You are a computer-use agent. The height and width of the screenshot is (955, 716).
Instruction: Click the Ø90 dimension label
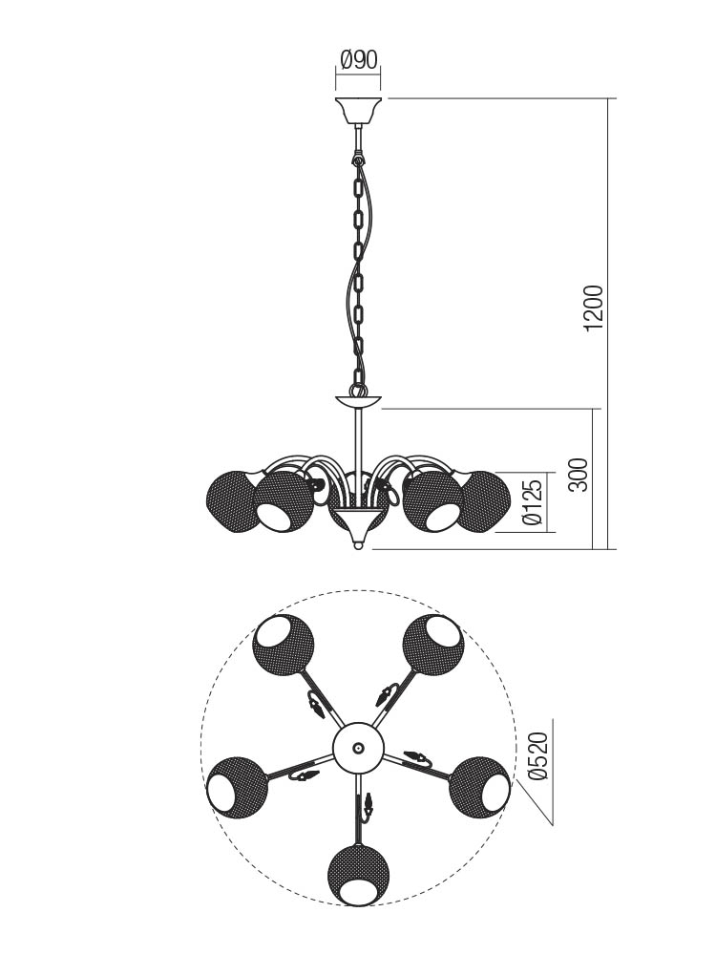[x=359, y=59]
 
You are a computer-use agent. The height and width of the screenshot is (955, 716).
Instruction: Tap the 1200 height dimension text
[x=593, y=308]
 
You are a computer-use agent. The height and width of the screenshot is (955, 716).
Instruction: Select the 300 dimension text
[x=580, y=475]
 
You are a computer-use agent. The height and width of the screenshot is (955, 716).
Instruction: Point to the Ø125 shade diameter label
[x=532, y=502]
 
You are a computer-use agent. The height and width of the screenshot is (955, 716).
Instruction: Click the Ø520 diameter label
[x=539, y=755]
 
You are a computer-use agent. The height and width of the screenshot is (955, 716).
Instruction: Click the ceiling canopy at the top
[x=359, y=110]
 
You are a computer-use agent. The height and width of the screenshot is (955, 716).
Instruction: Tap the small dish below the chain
[x=359, y=402]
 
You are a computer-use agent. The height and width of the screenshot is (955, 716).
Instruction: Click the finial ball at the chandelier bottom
[x=359, y=546]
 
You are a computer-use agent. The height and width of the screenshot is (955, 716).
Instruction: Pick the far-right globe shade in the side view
[x=485, y=501]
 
